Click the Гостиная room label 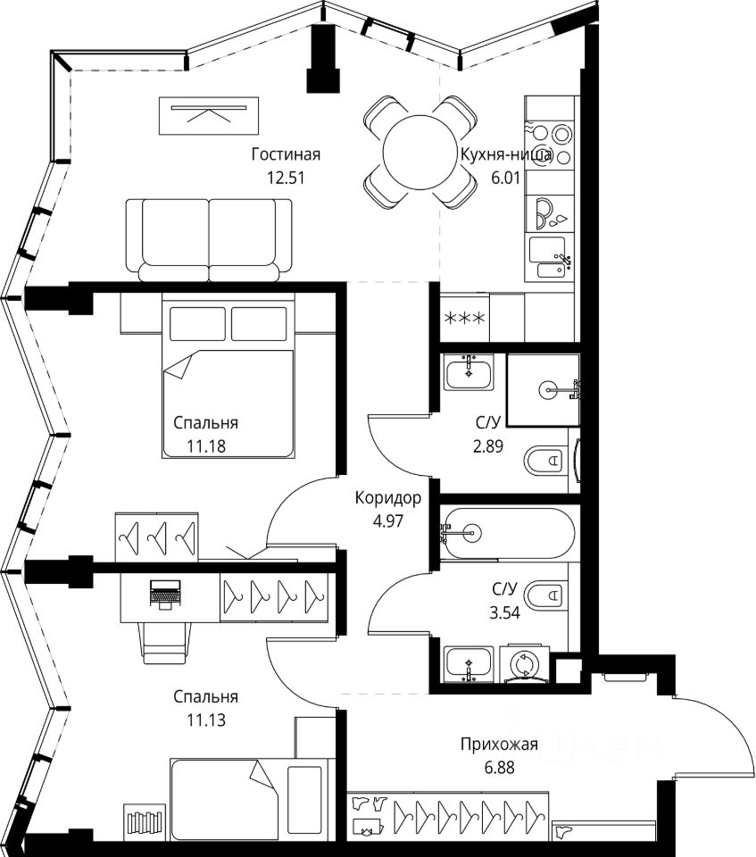point(286,154)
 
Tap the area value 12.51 point(286,178)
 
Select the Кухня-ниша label point(506,154)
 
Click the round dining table point(419,153)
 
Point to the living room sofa point(209,240)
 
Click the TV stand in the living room point(208,115)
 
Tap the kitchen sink point(548,258)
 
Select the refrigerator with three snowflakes point(464,318)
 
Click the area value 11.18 point(206,446)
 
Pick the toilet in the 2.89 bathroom point(544,461)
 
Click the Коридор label point(387,498)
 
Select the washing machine point(525,664)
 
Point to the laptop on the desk point(164,595)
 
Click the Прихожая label point(499,744)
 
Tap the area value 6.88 point(499,768)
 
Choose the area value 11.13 point(206,720)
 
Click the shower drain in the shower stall point(548,390)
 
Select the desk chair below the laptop point(166,643)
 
